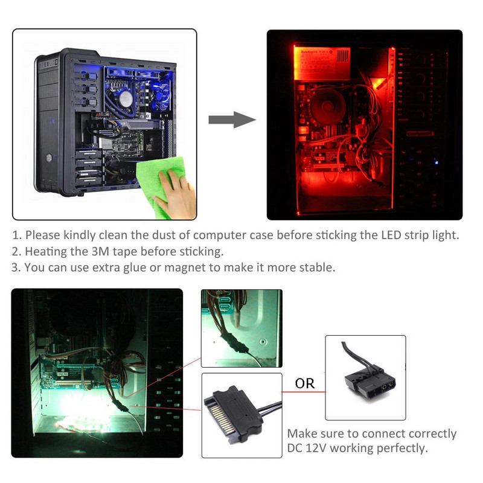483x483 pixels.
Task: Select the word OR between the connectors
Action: point(304,383)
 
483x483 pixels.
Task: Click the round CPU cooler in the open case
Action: point(126,97)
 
